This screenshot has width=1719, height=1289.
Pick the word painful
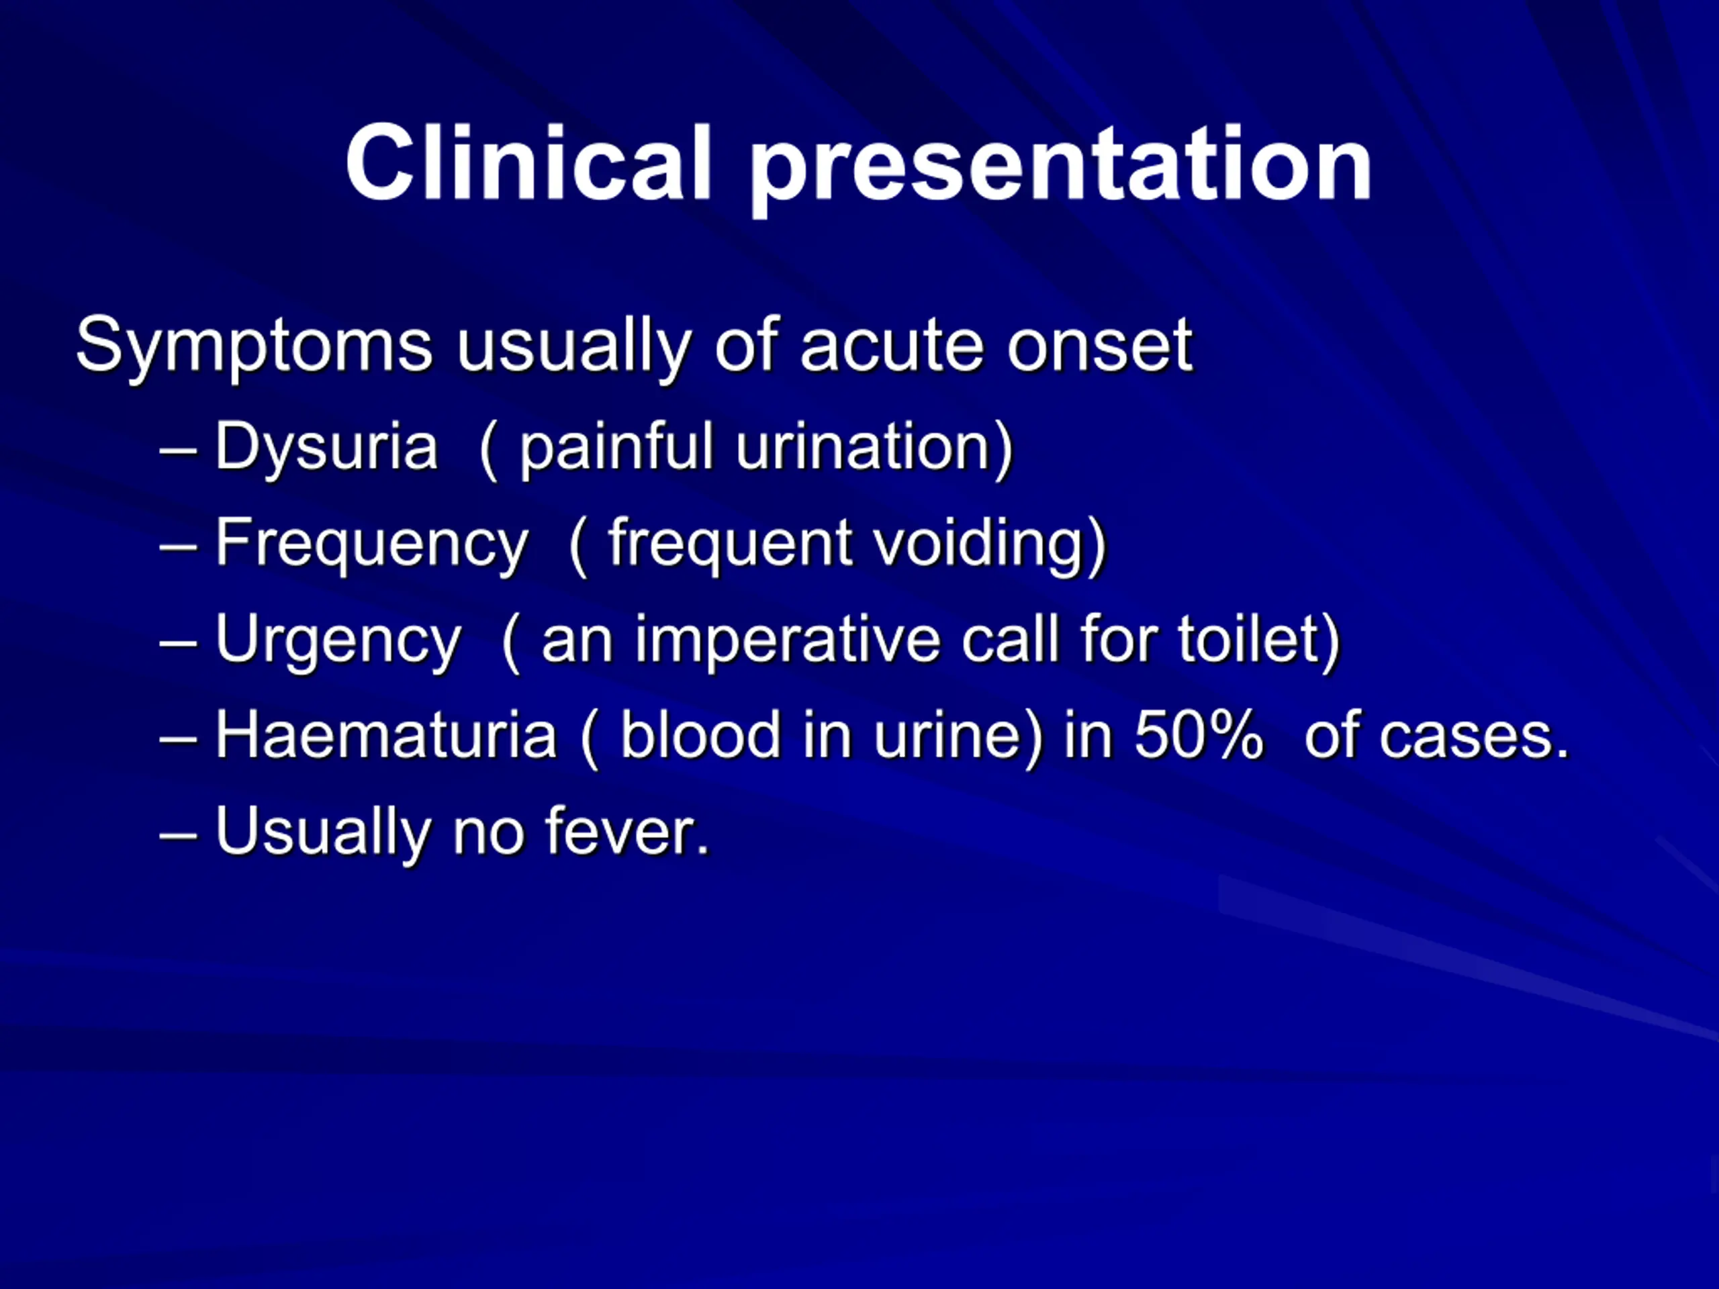coord(616,448)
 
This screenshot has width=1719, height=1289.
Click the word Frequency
coord(371,544)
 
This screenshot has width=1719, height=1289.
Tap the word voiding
coord(979,544)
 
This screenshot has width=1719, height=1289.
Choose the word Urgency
coord(338,642)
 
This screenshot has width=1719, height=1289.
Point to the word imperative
coord(787,642)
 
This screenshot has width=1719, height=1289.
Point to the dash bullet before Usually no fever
coord(178,836)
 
